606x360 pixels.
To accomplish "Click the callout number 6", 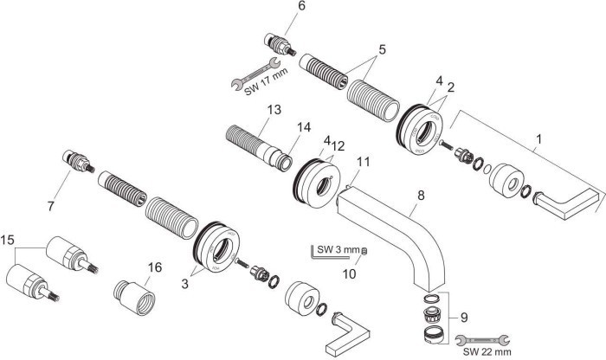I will [277, 7].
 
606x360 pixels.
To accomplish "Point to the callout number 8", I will [421, 196].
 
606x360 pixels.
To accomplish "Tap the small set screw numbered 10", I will [365, 251].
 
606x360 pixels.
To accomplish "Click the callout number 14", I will [302, 126].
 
